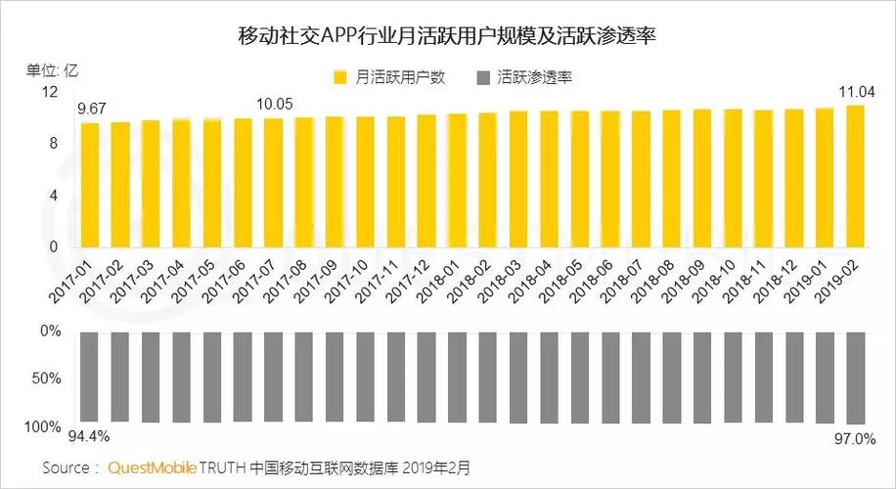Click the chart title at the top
(x=447, y=37)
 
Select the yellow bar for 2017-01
(x=90, y=185)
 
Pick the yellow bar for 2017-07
(x=274, y=183)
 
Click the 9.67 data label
(x=92, y=108)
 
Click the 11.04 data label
(x=857, y=91)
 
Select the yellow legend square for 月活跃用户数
(x=341, y=76)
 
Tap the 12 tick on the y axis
(x=50, y=92)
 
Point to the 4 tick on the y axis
(x=54, y=196)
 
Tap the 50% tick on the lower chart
(x=46, y=378)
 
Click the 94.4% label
(x=88, y=436)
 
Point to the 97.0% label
(x=855, y=439)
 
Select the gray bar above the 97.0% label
(x=855, y=378)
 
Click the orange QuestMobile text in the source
(x=153, y=467)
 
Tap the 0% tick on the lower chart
(x=50, y=332)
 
